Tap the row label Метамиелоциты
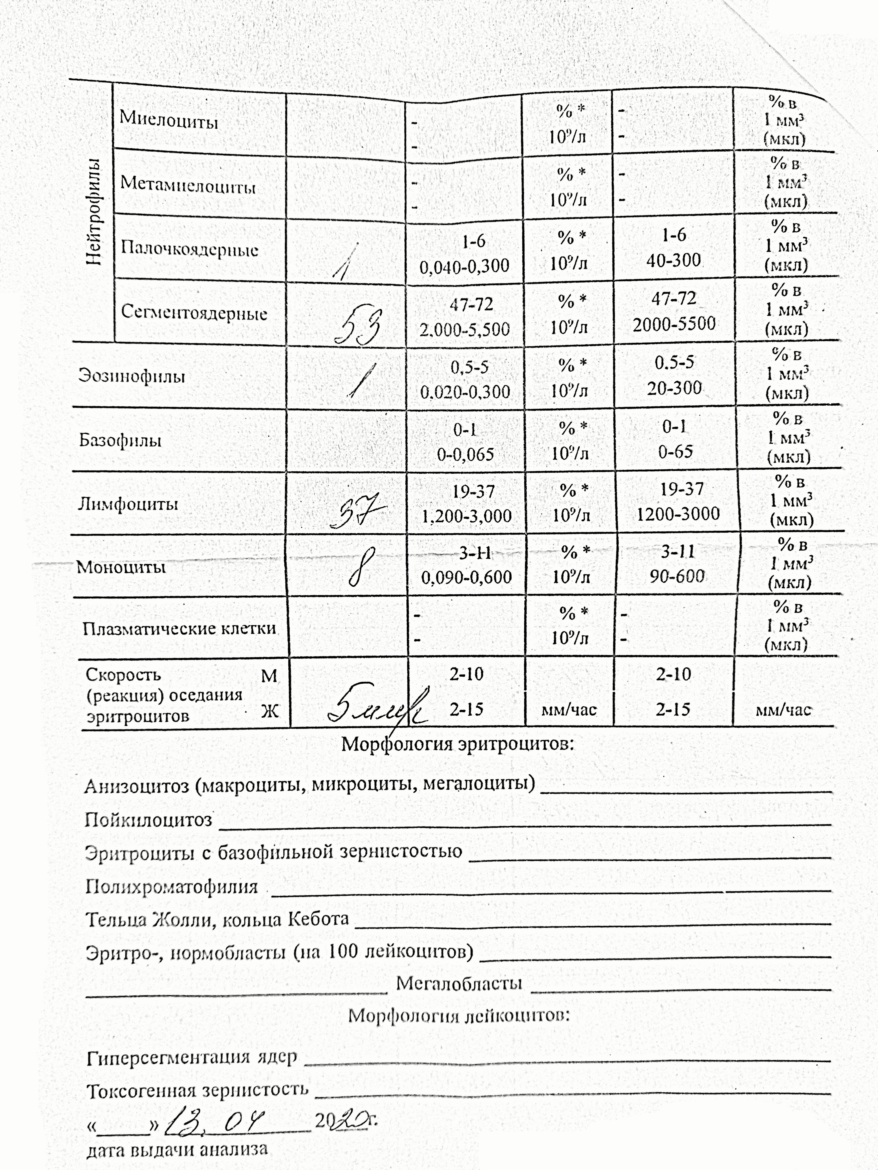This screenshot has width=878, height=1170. click(188, 185)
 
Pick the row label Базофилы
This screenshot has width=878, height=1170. click(120, 440)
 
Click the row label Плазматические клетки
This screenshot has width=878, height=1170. click(179, 628)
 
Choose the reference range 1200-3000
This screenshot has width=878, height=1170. click(678, 514)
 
